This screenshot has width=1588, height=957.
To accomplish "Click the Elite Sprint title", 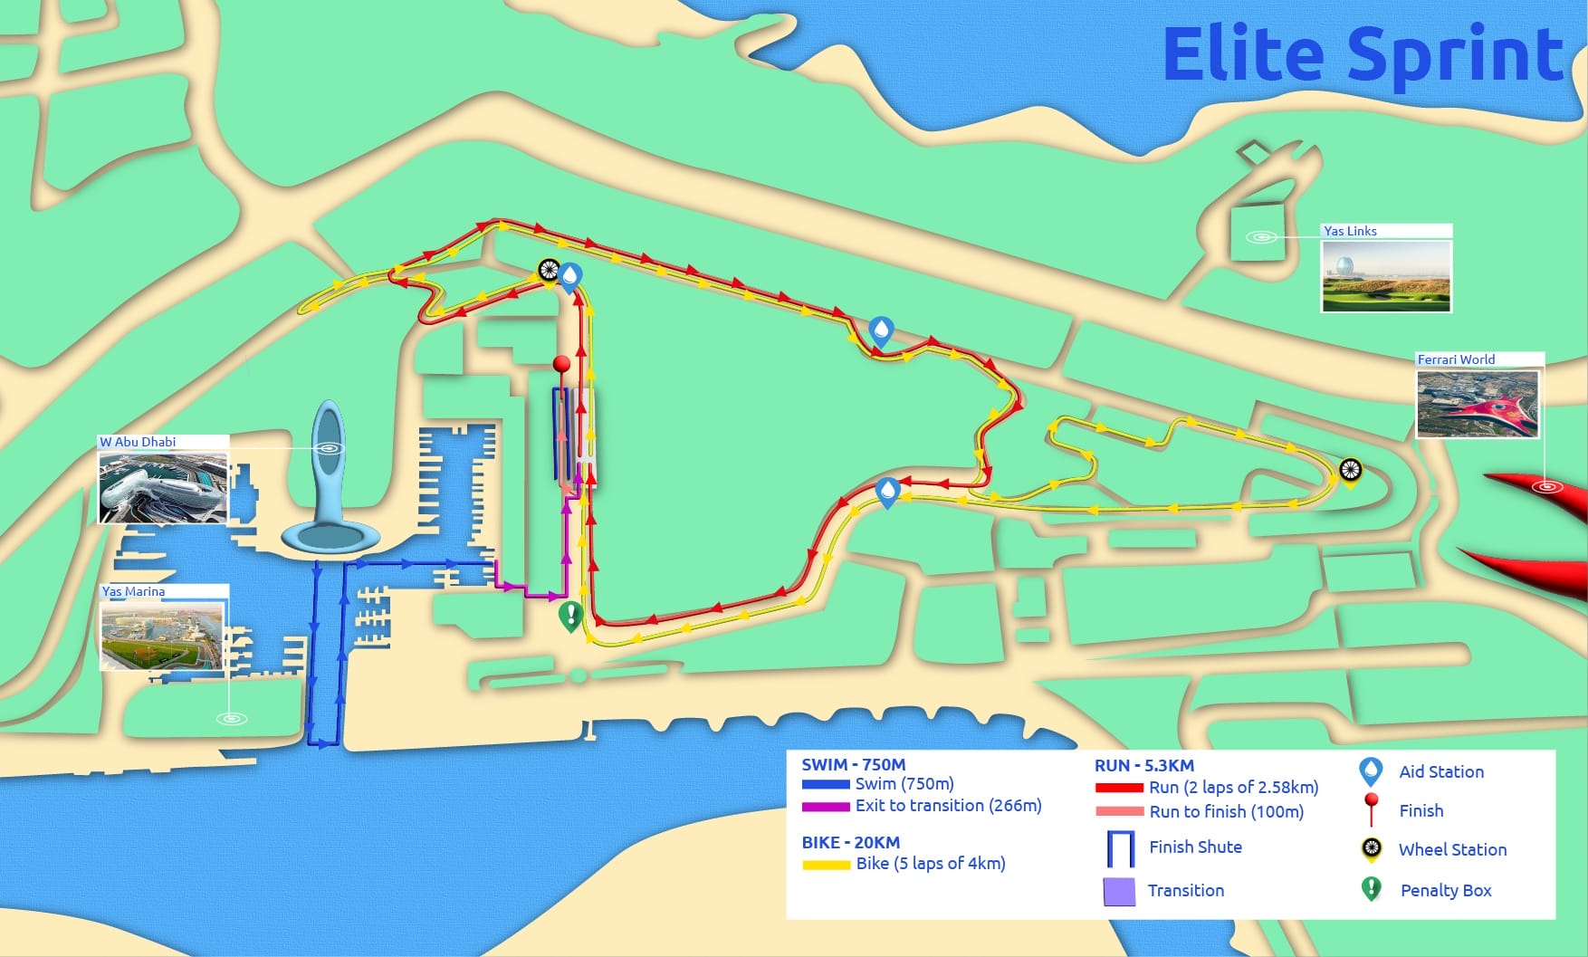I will click(1362, 54).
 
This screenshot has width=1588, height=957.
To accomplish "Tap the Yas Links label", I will click(1349, 231).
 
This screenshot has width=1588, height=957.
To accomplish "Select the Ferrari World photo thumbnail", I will click(1478, 404).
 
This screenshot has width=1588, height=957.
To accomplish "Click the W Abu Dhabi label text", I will click(138, 442).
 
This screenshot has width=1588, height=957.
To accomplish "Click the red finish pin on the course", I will click(561, 364).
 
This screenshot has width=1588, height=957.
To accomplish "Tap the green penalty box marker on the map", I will click(570, 616).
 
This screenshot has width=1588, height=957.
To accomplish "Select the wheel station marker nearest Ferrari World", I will click(1350, 470).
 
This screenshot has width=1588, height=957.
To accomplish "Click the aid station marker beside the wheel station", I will click(570, 275).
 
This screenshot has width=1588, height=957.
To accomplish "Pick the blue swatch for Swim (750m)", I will click(825, 784).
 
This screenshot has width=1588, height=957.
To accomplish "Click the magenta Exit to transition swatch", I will click(825, 806).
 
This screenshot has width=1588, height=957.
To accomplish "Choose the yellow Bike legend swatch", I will click(826, 865).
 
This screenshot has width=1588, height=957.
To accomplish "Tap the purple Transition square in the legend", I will click(1119, 891).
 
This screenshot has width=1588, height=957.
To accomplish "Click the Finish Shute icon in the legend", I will click(1121, 848).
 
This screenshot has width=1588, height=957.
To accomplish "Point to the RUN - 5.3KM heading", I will click(1143, 765).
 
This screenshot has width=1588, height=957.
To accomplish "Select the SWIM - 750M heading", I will click(853, 765).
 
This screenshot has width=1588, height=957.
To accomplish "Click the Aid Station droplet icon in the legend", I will click(1371, 771).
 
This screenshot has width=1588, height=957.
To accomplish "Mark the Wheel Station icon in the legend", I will click(1372, 848).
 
